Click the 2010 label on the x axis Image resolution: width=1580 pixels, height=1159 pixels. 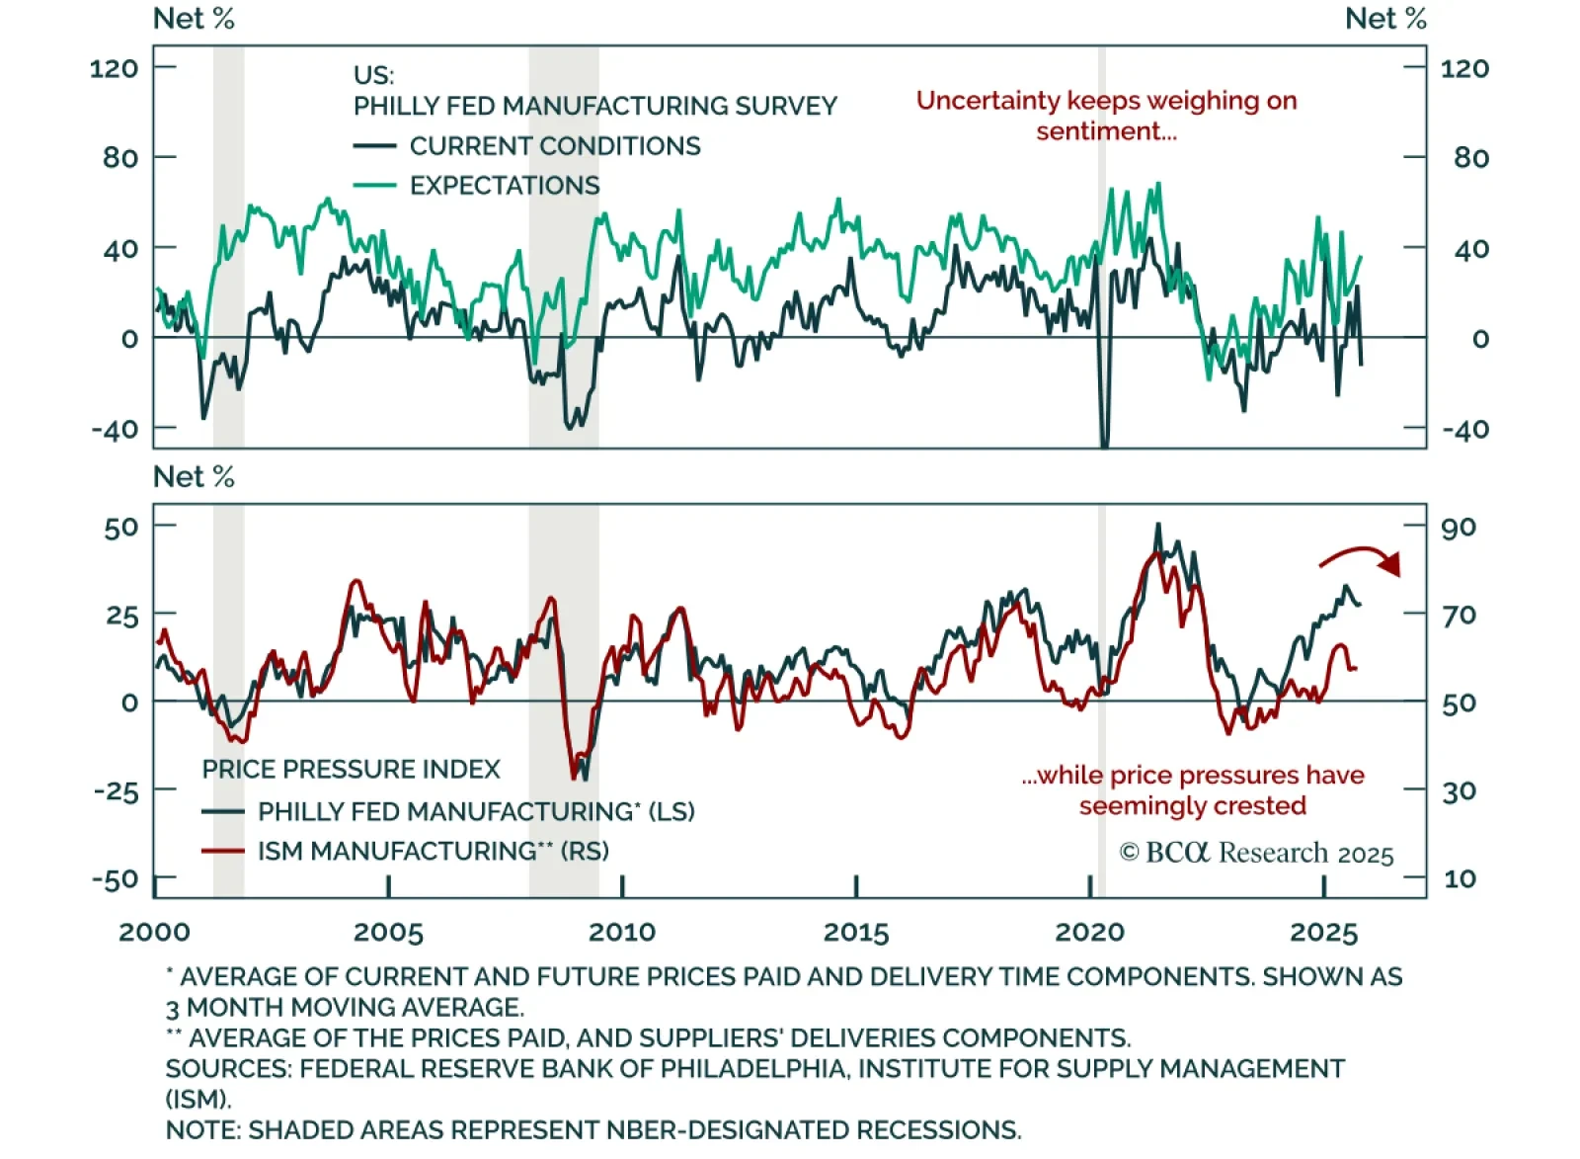point(622,932)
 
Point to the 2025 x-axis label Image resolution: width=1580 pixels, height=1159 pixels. point(1324,932)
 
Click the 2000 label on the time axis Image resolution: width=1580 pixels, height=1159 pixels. point(154,932)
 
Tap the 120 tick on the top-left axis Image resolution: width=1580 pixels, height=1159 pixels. point(114,68)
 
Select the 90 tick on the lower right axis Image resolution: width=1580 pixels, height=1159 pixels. point(1459,527)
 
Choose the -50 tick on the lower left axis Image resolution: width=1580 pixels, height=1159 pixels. point(116,879)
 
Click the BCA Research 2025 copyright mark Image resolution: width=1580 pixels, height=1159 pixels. point(1256,853)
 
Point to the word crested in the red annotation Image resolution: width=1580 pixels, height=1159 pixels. point(1261,806)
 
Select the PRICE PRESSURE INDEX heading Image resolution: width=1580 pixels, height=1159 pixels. point(351,770)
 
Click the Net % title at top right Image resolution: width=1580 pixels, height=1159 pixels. point(1385,19)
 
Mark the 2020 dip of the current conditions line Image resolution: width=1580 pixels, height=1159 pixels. point(1104,443)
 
